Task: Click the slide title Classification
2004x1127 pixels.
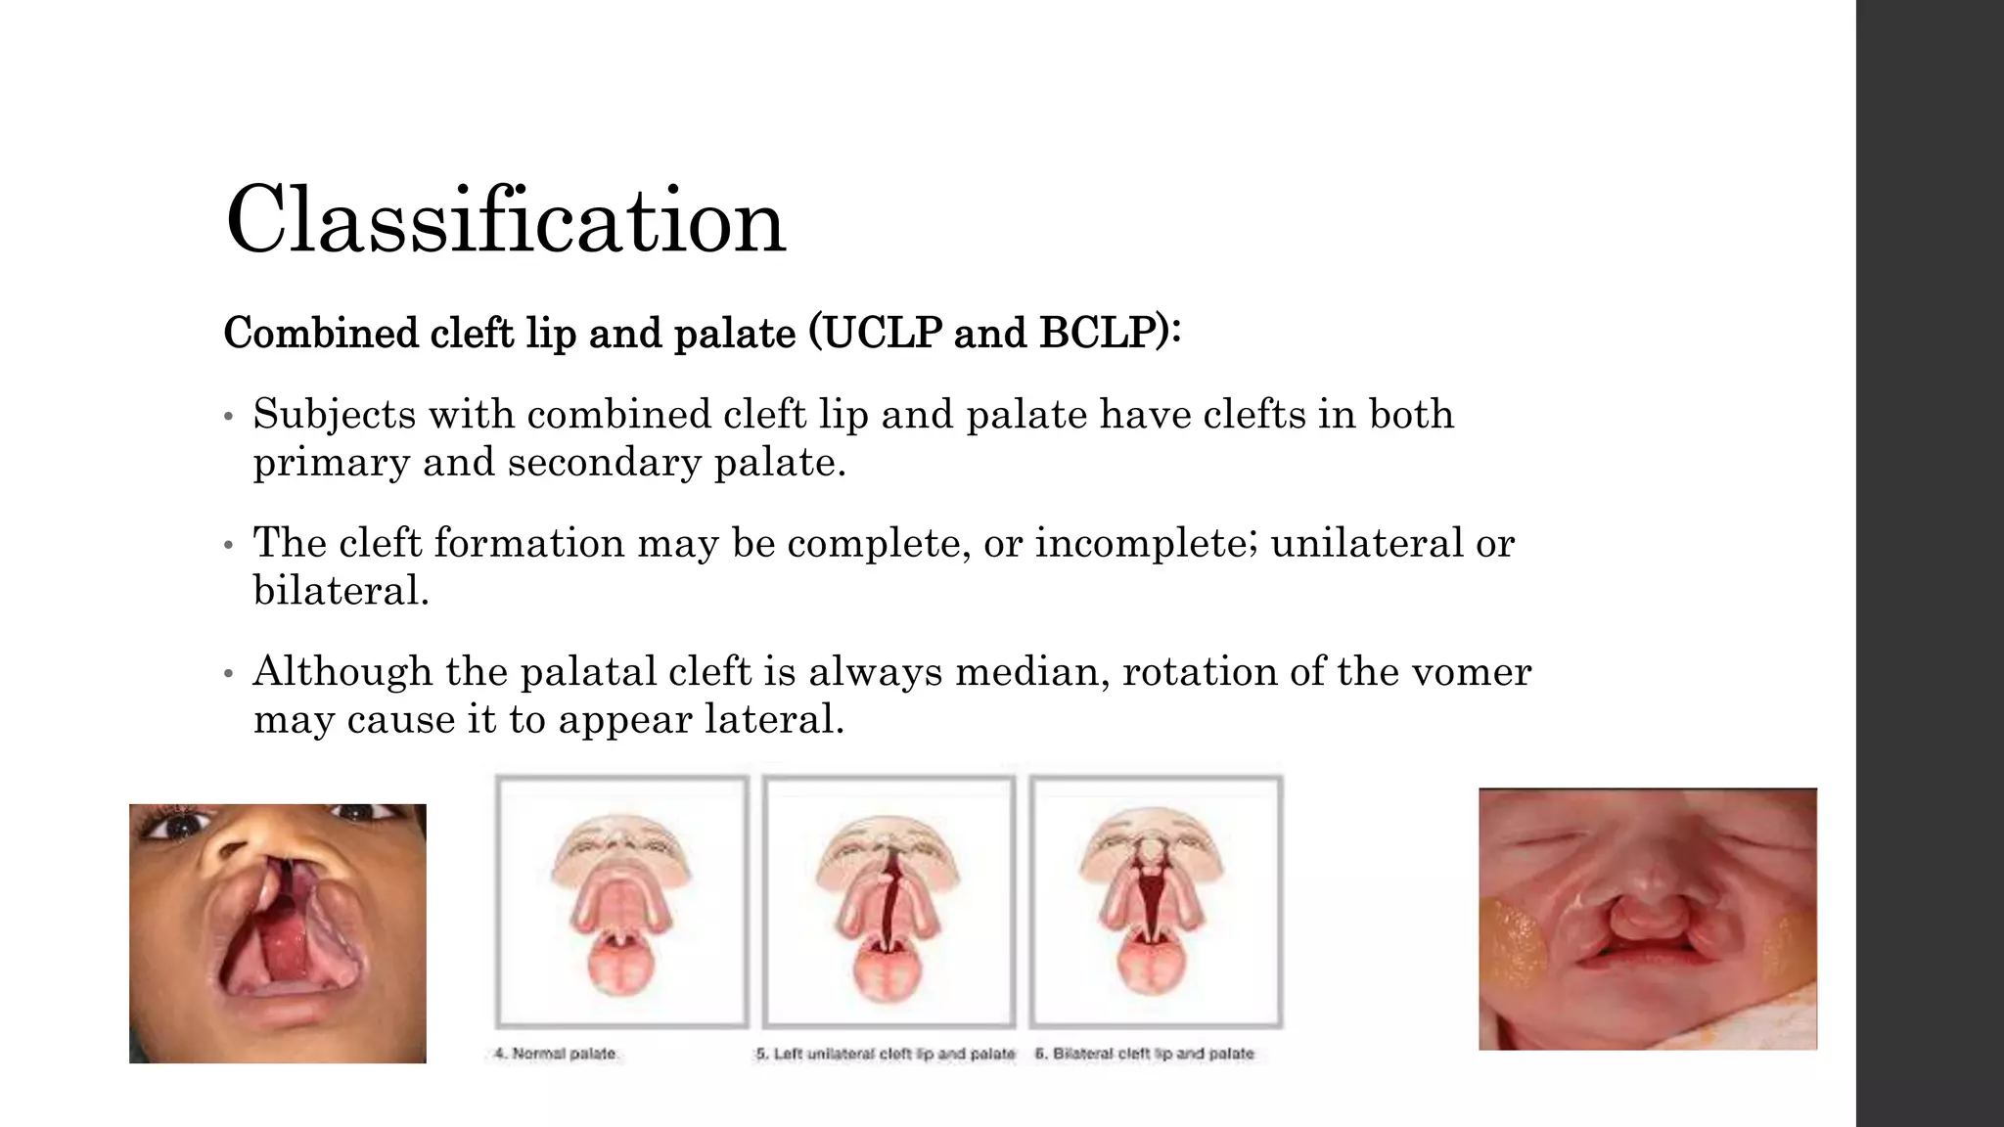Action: [x=505, y=220]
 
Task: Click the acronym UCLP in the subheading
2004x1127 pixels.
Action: [x=882, y=334]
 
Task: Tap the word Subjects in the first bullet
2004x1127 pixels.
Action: [x=335, y=415]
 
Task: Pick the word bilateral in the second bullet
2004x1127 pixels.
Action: [x=339, y=591]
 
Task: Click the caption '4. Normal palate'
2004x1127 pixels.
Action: [x=555, y=1054]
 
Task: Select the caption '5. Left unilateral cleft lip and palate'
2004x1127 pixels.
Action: [x=885, y=1054]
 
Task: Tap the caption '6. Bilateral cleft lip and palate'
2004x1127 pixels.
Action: [x=1144, y=1054]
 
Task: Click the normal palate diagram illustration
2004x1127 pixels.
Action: [x=621, y=900]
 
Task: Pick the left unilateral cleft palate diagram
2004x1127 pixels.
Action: [x=888, y=900]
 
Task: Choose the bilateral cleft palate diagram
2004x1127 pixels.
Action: [x=1156, y=900]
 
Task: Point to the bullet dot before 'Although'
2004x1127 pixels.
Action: [x=228, y=674]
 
